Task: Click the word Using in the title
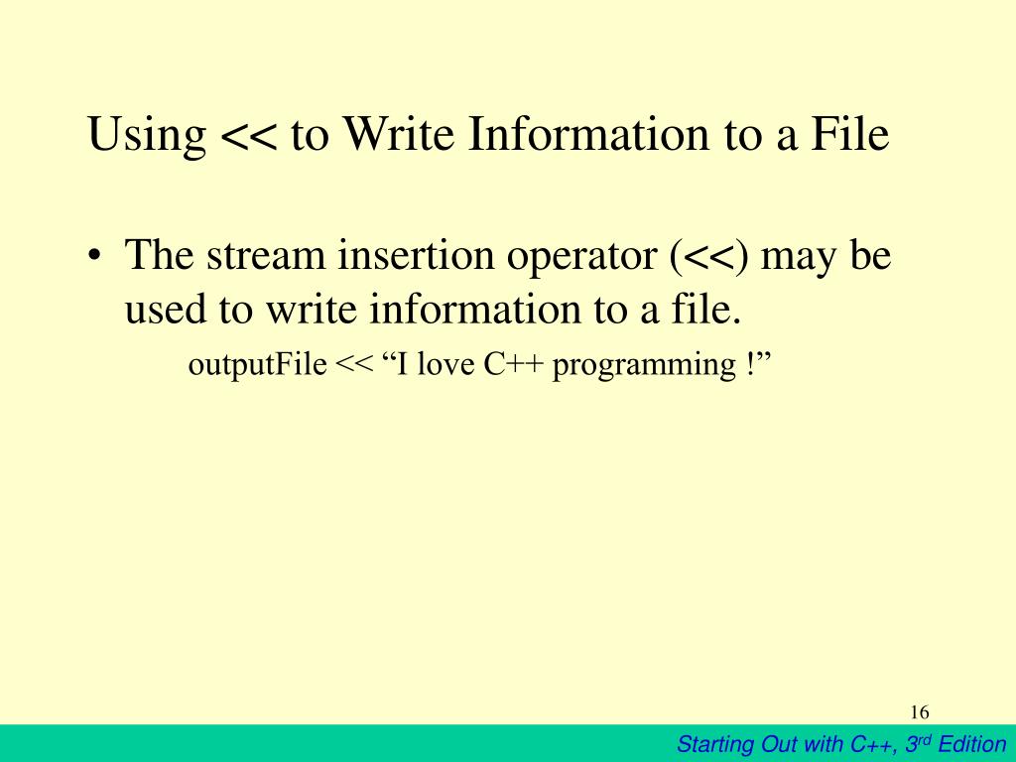(x=147, y=135)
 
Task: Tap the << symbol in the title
(x=248, y=136)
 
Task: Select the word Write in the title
(x=397, y=134)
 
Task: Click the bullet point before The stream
(x=94, y=254)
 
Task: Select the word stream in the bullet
(x=266, y=255)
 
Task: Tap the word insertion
(x=416, y=255)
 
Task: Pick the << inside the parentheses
(x=709, y=257)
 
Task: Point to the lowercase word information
(x=474, y=309)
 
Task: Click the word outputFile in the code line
(x=257, y=365)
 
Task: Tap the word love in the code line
(x=445, y=364)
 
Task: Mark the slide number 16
(x=920, y=712)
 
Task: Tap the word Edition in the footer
(x=972, y=743)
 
